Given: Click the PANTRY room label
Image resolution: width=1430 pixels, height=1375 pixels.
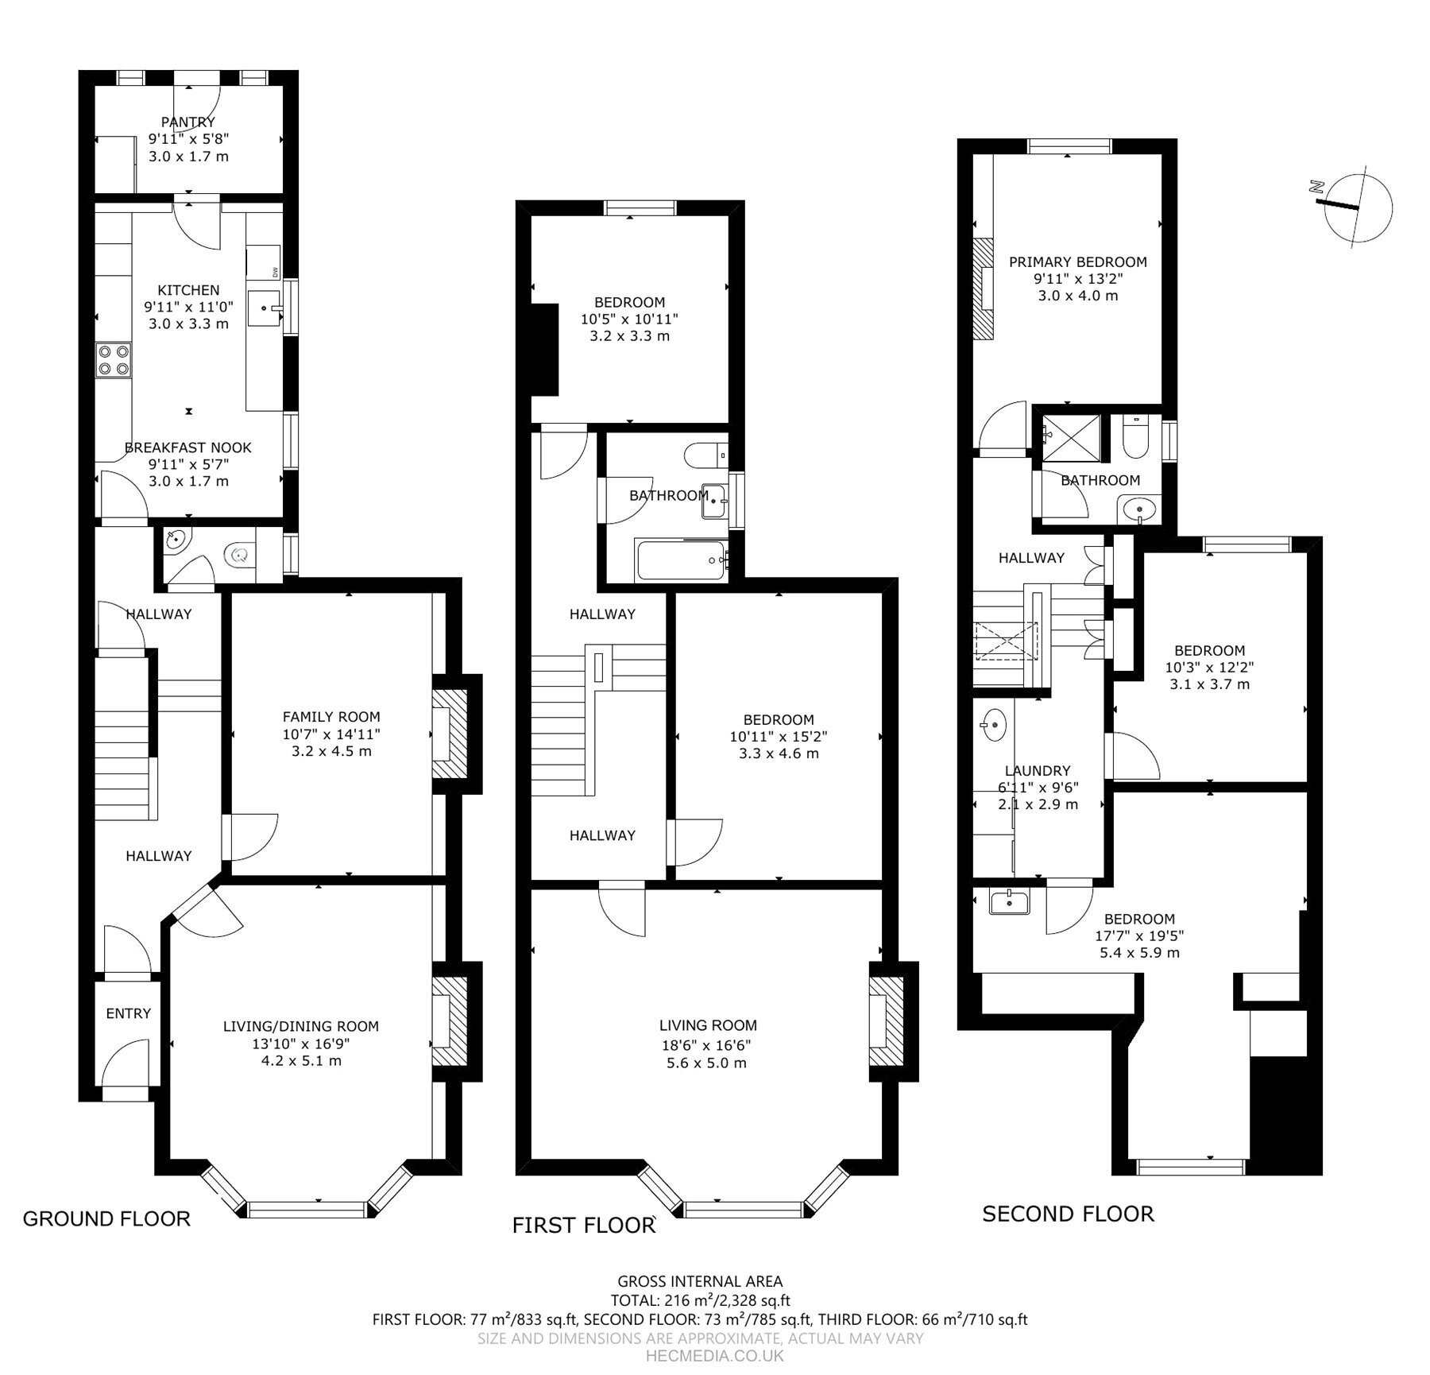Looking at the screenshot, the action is coord(188,122).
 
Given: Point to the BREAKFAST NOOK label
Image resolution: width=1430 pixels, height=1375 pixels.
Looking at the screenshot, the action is coord(188,447).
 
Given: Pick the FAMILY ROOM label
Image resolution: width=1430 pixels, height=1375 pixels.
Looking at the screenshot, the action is coord(331,717).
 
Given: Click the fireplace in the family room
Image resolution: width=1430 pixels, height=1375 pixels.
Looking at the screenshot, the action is coord(450,734).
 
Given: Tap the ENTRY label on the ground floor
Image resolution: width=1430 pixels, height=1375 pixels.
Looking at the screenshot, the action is coord(128,1013).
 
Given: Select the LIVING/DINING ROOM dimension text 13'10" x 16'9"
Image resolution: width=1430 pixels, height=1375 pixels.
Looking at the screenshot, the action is coord(301,1044).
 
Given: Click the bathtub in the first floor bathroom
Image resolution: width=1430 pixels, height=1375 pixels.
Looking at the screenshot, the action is coord(682,560).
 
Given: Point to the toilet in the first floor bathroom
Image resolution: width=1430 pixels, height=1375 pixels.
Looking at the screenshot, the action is coord(706,455).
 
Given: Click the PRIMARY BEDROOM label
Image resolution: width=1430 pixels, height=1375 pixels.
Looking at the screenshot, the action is coord(1078,261).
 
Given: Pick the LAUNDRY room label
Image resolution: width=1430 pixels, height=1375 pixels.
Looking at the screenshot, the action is coord(1038,770).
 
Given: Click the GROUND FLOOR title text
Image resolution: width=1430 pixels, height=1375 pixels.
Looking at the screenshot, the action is coord(106,1218).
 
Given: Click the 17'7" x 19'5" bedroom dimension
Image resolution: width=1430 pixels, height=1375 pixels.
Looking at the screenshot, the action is coord(1139,935).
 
